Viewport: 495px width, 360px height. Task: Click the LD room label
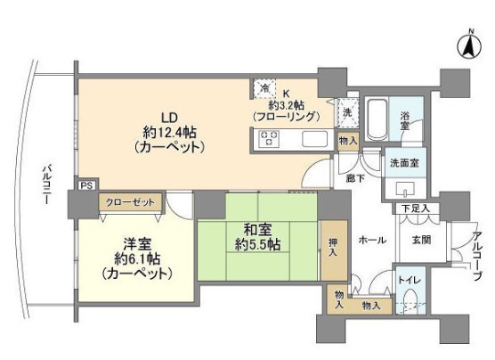(x=166, y=117)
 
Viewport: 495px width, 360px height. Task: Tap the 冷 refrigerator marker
(x=264, y=87)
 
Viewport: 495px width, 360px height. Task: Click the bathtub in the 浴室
(x=376, y=117)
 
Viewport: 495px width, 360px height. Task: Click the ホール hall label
(x=371, y=240)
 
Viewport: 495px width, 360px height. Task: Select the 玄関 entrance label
(x=420, y=240)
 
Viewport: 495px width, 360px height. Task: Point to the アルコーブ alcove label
(x=478, y=253)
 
